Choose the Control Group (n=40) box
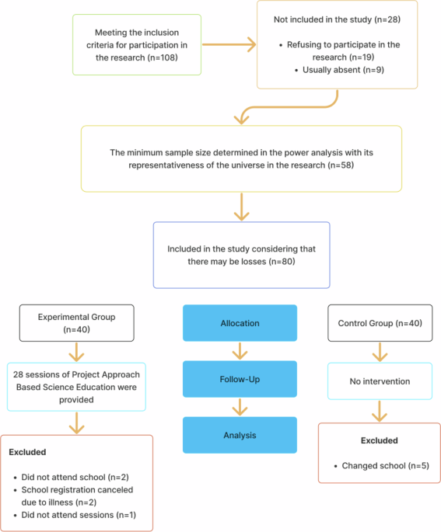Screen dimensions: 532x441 point(380,322)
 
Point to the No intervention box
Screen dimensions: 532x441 point(380,382)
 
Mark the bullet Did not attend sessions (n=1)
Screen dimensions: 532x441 point(75,515)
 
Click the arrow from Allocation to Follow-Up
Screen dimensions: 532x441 point(240,350)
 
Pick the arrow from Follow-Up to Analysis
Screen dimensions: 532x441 point(240,406)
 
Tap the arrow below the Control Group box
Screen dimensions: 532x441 point(380,353)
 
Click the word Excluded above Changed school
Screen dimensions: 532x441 point(379,440)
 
